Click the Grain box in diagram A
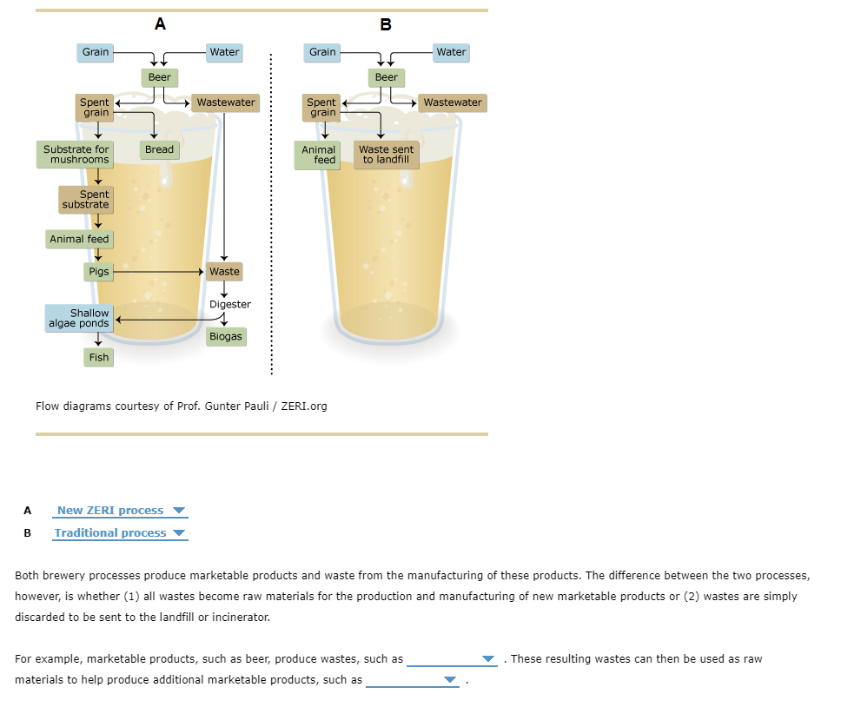coord(96,52)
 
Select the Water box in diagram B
coord(451,52)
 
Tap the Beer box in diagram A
coord(160,77)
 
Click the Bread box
coord(159,149)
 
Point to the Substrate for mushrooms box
coord(76,155)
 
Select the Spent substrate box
coord(85,200)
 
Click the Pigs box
coord(99,272)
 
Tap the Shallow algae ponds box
coord(79,318)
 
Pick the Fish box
coord(99,357)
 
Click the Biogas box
coord(225,336)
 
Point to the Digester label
coord(230,304)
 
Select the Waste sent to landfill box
coord(387,155)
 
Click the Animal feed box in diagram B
coord(319,155)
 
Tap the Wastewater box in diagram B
coord(452,102)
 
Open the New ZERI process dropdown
coord(120,511)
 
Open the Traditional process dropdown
coord(120,533)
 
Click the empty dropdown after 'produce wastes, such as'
coord(452,658)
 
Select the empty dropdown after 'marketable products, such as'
coord(413,680)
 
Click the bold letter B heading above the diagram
coord(386,24)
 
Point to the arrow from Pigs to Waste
coord(156,272)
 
